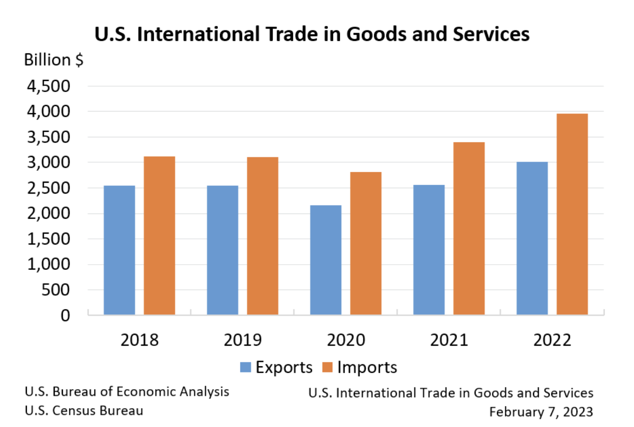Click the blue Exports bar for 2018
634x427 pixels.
pyautogui.click(x=119, y=250)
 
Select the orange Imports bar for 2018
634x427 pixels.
pyautogui.click(x=159, y=235)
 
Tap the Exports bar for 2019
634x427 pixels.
pyautogui.click(x=222, y=250)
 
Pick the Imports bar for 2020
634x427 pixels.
pyautogui.click(x=366, y=243)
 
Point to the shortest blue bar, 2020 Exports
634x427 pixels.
pyautogui.click(x=326, y=260)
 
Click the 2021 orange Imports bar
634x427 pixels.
pyautogui.click(x=469, y=228)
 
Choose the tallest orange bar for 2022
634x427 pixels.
pyautogui.click(x=572, y=214)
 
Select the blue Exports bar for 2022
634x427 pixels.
pyautogui.click(x=532, y=238)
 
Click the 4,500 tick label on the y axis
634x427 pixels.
pyautogui.click(x=49, y=86)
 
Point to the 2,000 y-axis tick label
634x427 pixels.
pyautogui.click(x=49, y=213)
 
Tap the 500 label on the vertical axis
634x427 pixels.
pyautogui.click(x=56, y=290)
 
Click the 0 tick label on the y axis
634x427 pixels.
pyautogui.click(x=65, y=316)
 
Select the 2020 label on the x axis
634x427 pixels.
pyautogui.click(x=346, y=340)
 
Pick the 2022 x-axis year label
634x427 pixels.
pyautogui.click(x=552, y=340)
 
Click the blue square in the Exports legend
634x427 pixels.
pyautogui.click(x=246, y=367)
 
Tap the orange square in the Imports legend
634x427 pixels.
pyautogui.click(x=327, y=367)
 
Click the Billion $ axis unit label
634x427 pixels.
pyautogui.click(x=53, y=60)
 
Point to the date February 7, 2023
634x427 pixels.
pyautogui.click(x=541, y=412)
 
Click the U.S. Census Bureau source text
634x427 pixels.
pyautogui.click(x=84, y=411)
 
